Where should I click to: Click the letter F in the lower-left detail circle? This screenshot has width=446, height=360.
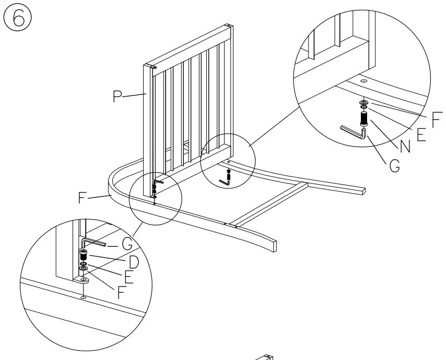coord(121,292)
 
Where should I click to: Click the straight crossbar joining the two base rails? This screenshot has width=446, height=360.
coord(272,203)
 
